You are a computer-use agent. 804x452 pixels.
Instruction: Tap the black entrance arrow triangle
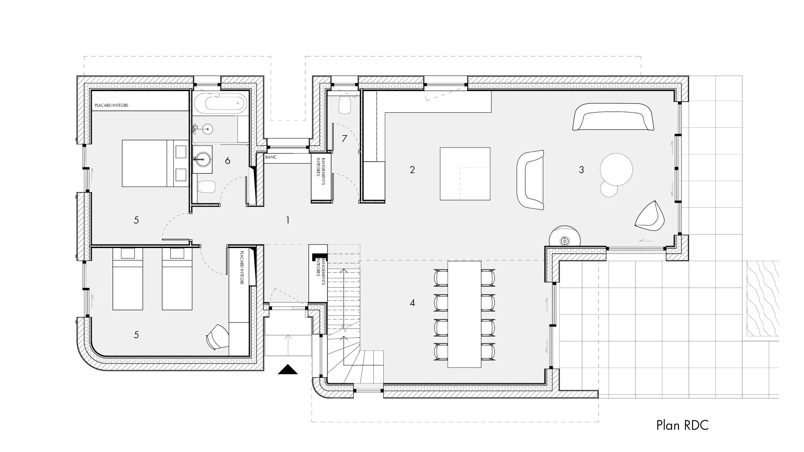[x=288, y=370]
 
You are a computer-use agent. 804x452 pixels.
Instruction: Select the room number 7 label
[x=344, y=139]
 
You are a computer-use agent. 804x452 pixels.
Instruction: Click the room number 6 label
[x=228, y=161]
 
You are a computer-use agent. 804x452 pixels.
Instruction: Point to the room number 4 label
[x=412, y=303]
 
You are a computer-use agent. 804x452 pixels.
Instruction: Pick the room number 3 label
[x=581, y=170]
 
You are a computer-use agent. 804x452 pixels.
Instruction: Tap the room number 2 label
[x=412, y=170]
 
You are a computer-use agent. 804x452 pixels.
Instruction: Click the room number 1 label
[x=288, y=220]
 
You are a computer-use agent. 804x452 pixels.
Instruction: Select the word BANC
[x=271, y=157]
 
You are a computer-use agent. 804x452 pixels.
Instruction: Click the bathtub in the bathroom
[x=221, y=103]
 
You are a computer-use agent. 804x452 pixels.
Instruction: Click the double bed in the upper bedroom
[x=155, y=163]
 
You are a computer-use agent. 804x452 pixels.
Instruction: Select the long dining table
[x=464, y=314]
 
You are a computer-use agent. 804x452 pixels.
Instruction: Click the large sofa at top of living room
[x=613, y=117]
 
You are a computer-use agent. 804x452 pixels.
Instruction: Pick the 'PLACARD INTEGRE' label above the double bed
[x=111, y=106]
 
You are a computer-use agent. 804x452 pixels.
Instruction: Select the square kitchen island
[x=465, y=174]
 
